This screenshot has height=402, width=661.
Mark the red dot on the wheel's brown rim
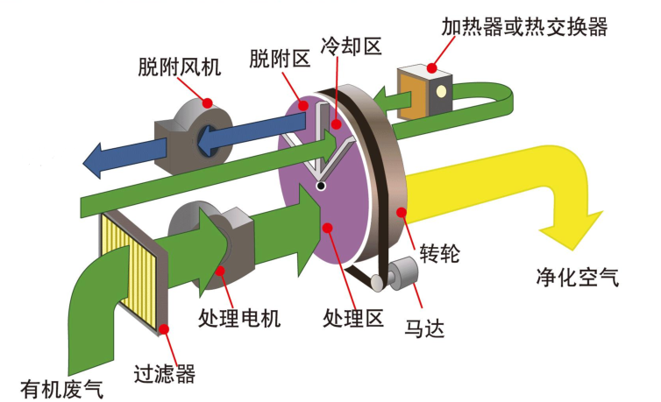402,211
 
